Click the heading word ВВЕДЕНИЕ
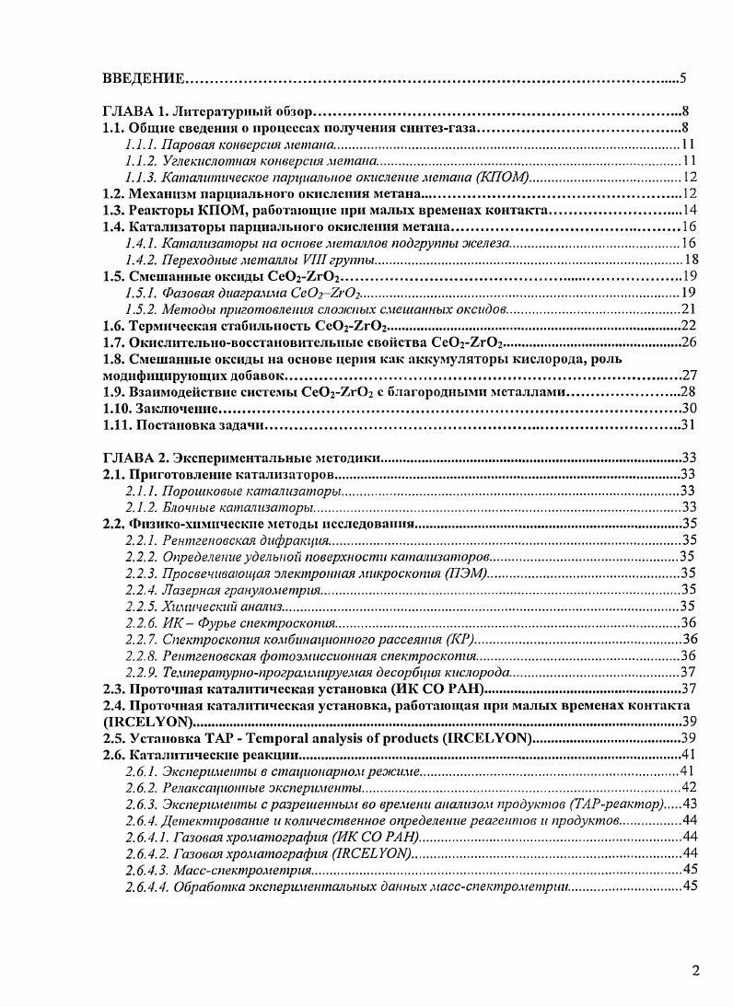(142, 76)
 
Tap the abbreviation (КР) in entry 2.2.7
(459, 639)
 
